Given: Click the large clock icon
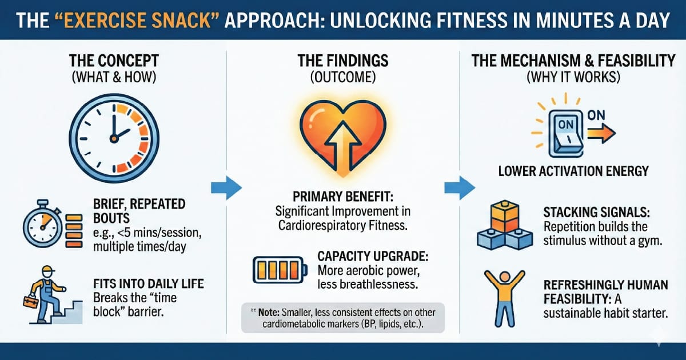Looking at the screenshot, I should (x=113, y=135).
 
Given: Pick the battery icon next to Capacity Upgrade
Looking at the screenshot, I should (x=278, y=268).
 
